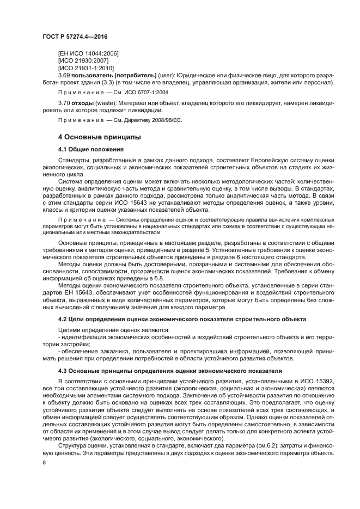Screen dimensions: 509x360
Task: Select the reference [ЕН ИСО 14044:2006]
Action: pyautogui.click(x=88, y=53)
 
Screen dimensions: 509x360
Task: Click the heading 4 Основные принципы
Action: pyautogui.click(x=100, y=137)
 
